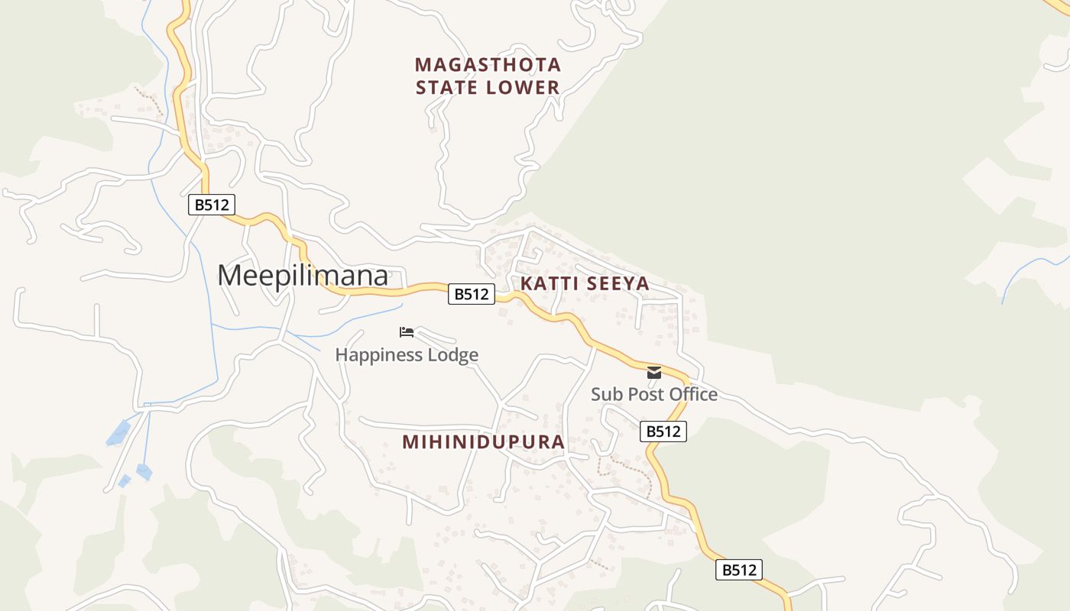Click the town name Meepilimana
point(303,276)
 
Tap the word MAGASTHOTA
point(488,64)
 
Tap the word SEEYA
point(618,284)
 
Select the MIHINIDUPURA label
point(483,442)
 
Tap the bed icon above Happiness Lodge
point(407,332)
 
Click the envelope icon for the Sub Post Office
point(654,373)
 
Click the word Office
point(692,395)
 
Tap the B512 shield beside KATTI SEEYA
point(471,294)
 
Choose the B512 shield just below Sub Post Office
point(663,432)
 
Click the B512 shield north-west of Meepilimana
point(211,205)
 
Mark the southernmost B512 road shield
point(738,570)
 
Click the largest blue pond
point(118,433)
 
